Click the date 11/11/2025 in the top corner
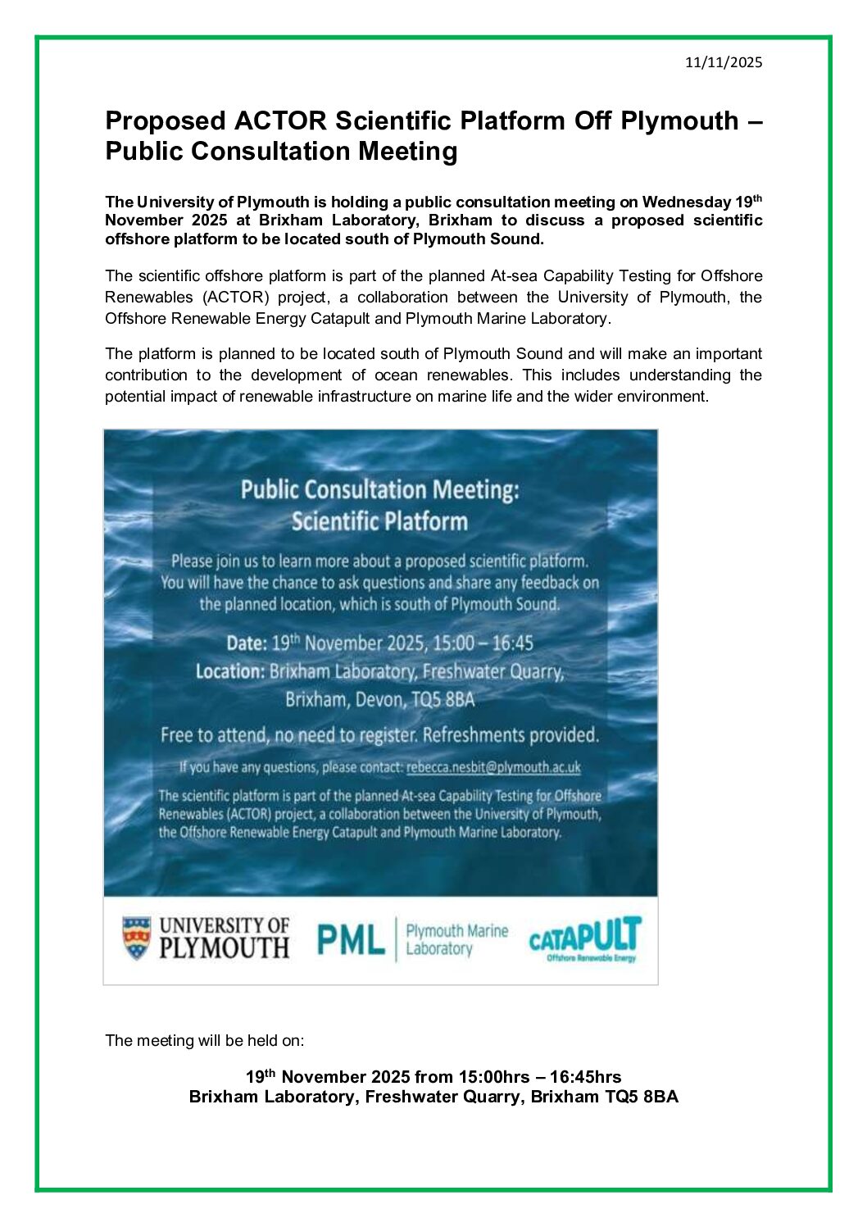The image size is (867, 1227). [724, 62]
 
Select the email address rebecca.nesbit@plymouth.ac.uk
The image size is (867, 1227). [493, 768]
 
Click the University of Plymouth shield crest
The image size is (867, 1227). [137, 938]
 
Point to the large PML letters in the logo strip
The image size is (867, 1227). [351, 940]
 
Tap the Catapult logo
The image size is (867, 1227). [584, 938]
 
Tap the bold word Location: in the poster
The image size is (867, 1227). [229, 672]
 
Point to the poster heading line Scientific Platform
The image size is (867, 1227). [379, 522]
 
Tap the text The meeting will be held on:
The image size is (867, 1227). [205, 1041]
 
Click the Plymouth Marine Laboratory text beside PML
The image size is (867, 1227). [456, 940]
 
